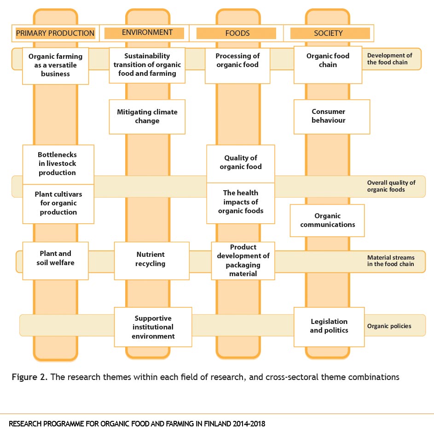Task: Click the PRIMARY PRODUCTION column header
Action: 55,33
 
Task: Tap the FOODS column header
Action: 237,33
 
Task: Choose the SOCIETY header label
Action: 329,33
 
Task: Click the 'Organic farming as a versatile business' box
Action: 55,66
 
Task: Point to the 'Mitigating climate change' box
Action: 147,117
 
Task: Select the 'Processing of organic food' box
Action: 237,66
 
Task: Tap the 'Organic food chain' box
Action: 328,65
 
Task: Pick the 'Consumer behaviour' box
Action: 332,117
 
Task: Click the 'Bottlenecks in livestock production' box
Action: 58,164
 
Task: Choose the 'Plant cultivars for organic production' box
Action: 58,204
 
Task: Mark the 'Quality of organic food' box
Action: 241,164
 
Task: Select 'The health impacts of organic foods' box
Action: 241,203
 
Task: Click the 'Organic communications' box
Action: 327,221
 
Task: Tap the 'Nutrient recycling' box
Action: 152,261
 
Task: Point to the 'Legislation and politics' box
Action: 329,327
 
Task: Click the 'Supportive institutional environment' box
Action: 153,327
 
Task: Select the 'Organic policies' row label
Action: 389,326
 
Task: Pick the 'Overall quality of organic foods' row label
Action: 391,186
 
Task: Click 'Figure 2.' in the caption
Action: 29,377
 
